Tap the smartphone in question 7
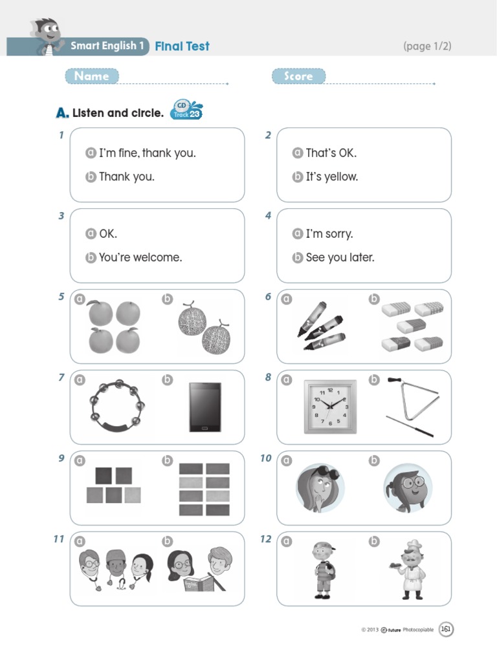tap(205, 407)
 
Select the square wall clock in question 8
tap(330, 407)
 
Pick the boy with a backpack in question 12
tap(324, 570)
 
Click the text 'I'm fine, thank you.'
tap(148, 153)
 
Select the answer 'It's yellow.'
tap(332, 176)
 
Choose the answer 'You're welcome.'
tap(140, 257)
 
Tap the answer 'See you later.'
tap(340, 257)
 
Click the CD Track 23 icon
tap(186, 110)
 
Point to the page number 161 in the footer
tap(446, 629)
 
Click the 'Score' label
tap(298, 76)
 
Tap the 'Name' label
tap(92, 76)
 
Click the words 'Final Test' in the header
tap(182, 46)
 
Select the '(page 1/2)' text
tap(427, 46)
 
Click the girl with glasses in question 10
tap(408, 489)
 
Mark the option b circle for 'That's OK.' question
tap(298, 176)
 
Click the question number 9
tap(61, 458)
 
